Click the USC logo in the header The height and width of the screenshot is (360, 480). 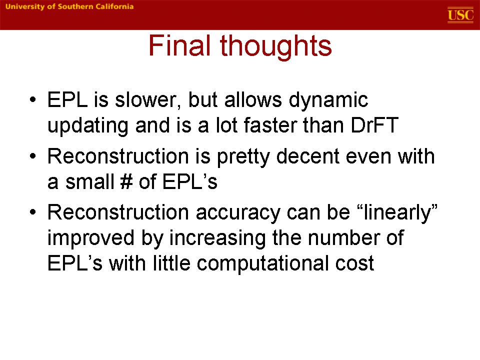[460, 15]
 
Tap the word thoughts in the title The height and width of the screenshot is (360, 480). [276, 46]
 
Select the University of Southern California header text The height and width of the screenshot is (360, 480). [69, 6]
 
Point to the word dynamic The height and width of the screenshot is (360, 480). [328, 100]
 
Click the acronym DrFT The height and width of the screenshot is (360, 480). [374, 125]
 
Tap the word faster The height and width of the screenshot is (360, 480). [270, 125]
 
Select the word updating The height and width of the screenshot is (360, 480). [88, 126]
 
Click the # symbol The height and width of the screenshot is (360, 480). [126, 181]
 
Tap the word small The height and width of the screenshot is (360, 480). [89, 181]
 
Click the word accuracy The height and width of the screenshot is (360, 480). [237, 213]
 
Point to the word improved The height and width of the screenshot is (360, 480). [91, 238]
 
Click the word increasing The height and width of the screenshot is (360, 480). [217, 238]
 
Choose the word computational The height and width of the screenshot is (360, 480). [262, 264]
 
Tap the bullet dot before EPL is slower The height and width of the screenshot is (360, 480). [33, 99]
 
